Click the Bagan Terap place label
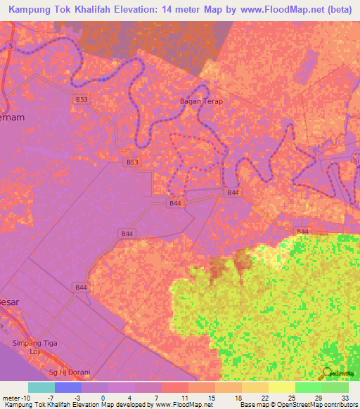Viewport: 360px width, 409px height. click(x=201, y=101)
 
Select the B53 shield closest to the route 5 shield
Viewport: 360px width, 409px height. click(x=82, y=100)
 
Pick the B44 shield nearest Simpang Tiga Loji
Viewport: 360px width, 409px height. click(x=82, y=287)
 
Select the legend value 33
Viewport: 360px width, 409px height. click(x=345, y=396)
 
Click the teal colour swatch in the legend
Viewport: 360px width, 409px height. click(x=41, y=387)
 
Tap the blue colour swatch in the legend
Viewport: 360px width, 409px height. click(x=67, y=387)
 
